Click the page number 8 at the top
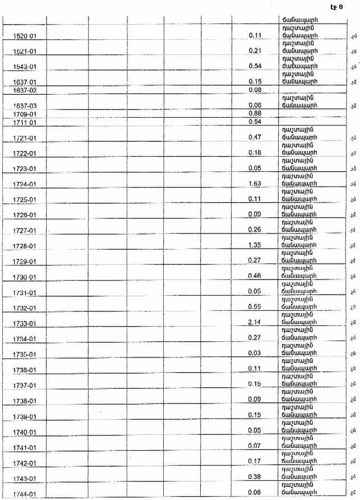tap(340, 7)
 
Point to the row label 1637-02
tap(24, 90)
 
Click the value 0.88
tap(256, 114)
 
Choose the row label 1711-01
tap(24, 122)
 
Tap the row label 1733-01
tap(24, 324)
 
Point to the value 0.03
tap(256, 354)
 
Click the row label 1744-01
tap(24, 494)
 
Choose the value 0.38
tap(256, 478)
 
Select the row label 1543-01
tap(24, 67)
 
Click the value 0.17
tap(256, 462)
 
